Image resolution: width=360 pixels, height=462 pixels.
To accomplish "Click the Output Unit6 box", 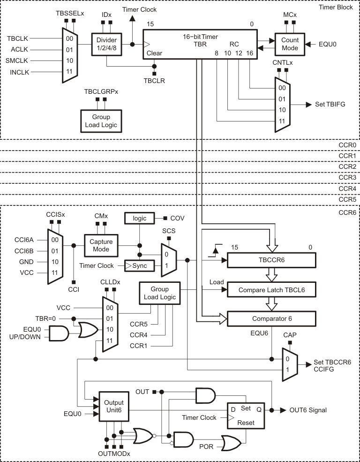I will coord(113,406).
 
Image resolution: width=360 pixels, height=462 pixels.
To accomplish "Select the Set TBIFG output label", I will coord(329,104).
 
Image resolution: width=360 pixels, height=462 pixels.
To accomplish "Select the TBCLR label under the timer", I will coord(154,81).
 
